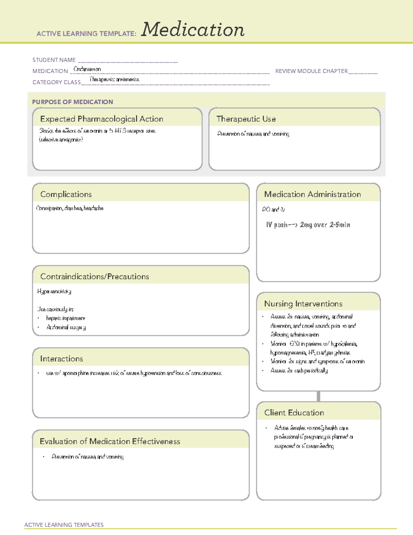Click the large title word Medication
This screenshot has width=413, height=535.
193,30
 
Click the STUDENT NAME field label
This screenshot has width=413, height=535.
54,60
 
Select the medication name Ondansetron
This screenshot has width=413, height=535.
87,69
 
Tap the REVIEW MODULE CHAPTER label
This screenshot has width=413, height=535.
311,71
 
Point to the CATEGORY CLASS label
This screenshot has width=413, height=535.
56,82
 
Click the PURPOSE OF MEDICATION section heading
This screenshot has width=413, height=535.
72,102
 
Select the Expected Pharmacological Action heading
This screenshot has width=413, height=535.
102,119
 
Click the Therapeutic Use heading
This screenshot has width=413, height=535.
246,119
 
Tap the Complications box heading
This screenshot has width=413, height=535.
66,194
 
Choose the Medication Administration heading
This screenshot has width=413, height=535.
312,194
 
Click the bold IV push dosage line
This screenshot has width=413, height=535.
308,225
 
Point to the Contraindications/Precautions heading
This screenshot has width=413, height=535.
94,277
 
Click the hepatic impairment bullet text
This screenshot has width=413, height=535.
65,318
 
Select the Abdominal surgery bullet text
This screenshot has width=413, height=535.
66,327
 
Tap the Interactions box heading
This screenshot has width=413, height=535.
61,359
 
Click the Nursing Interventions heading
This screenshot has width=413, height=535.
303,304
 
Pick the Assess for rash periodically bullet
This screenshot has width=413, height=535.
299,371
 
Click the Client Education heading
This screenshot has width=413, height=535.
294,413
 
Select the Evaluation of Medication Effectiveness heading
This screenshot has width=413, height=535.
110,441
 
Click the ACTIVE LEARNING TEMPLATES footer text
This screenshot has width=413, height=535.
64,525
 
